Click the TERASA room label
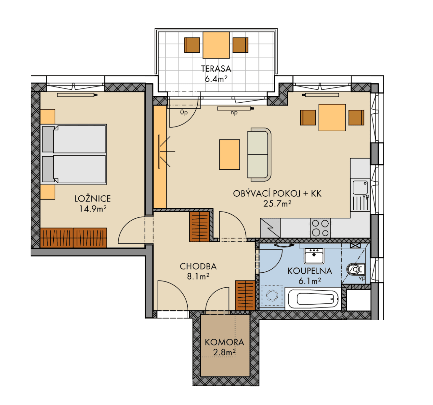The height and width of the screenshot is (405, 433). pos(216,69)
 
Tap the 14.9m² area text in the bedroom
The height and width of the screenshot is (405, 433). pos(93,209)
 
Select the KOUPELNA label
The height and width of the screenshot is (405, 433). pos(310,271)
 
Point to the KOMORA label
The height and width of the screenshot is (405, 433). pos(224,342)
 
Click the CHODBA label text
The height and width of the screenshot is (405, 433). pos(198,266)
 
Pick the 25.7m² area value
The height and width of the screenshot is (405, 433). pos(277,204)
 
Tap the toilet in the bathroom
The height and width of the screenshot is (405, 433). pos(356,269)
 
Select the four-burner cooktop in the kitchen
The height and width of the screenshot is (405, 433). pos(320,228)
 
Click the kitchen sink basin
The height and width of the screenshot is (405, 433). pos(360,187)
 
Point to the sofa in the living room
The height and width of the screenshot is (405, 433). pos(259,155)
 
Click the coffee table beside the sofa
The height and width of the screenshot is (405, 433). pos(229,155)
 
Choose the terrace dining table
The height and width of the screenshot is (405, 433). pos(216,45)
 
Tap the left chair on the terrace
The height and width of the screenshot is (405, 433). pos(192,45)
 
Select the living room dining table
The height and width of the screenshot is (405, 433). pos(332,117)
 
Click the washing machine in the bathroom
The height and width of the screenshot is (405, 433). pos(272,296)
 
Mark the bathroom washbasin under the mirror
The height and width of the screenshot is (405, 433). pos(314,255)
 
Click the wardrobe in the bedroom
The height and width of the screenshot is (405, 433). pos(74,238)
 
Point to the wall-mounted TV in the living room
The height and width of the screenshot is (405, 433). pos(159,152)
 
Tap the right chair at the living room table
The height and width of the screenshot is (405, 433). pos(356,117)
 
